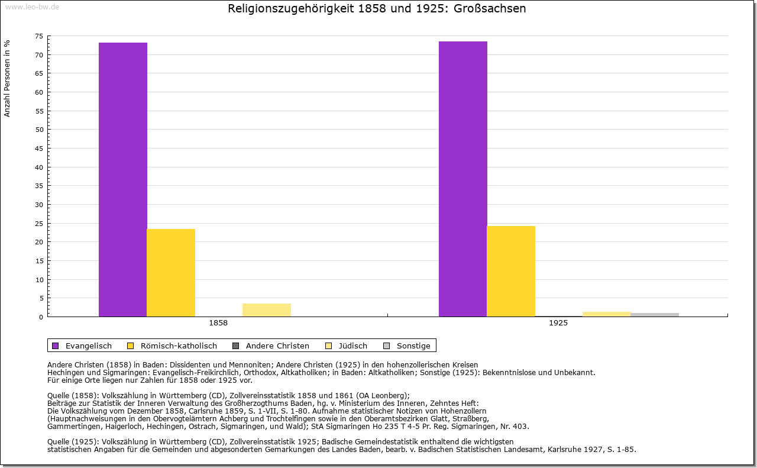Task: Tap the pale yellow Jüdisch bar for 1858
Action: (x=267, y=310)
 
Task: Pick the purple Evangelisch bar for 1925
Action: (x=463, y=179)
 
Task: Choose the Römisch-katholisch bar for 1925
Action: (x=511, y=271)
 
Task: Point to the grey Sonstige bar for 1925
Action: (x=655, y=315)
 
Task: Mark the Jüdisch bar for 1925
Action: (x=607, y=314)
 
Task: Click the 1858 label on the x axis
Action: (x=218, y=324)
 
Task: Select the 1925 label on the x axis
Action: (x=558, y=324)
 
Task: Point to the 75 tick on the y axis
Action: (x=38, y=36)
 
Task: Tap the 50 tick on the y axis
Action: (x=38, y=130)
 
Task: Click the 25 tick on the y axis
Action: (x=38, y=223)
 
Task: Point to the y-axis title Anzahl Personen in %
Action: (x=8, y=78)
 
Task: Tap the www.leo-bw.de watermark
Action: (x=32, y=7)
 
